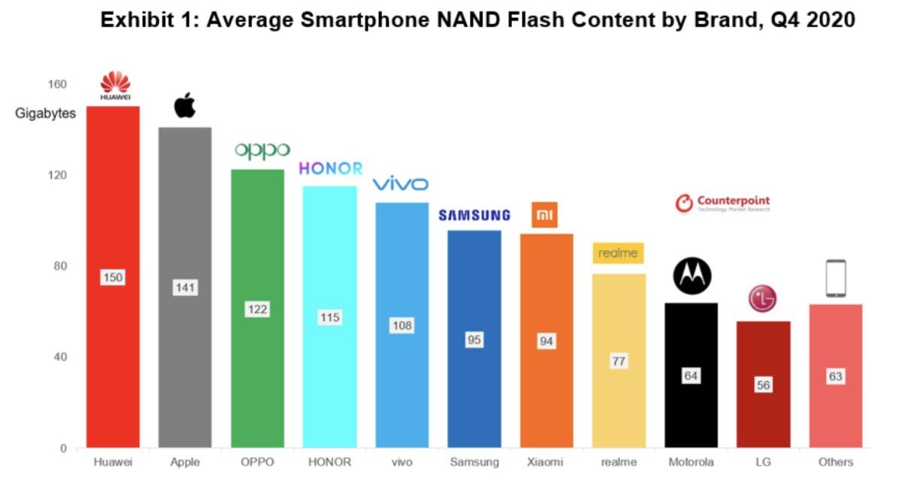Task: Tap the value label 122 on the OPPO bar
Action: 257,309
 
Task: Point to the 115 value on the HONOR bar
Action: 329,317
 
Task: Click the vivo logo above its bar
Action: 401,184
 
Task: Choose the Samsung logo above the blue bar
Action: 474,216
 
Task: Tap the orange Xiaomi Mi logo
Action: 545,215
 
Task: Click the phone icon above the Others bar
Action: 835,278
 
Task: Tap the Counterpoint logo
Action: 722,203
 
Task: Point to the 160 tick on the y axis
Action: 58,84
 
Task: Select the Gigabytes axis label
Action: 46,114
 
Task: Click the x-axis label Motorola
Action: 691,461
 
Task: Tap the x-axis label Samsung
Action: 474,461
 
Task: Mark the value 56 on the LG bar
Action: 762,385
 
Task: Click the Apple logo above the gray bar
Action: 185,105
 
